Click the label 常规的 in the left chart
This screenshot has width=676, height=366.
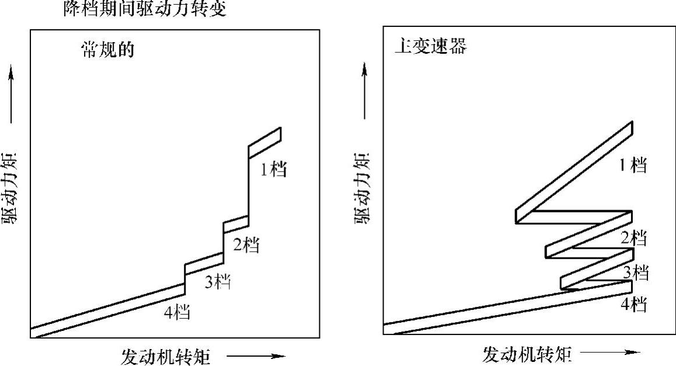coord(107,50)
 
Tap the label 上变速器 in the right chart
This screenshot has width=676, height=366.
coord(430,46)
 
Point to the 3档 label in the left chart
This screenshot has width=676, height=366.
coord(217,282)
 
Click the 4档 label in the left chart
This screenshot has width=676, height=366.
coord(177,312)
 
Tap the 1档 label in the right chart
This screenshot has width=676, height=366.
coord(633,165)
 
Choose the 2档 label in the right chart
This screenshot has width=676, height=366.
coord(633,238)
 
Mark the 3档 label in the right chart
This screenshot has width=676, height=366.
coord(636,272)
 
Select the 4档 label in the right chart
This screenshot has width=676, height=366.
coord(633,304)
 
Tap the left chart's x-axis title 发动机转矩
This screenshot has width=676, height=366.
coord(166,355)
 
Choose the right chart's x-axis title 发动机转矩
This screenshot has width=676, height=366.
coord(526,353)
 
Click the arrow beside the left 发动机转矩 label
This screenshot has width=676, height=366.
coord(256,355)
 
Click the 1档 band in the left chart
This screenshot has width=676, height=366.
coord(264,142)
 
